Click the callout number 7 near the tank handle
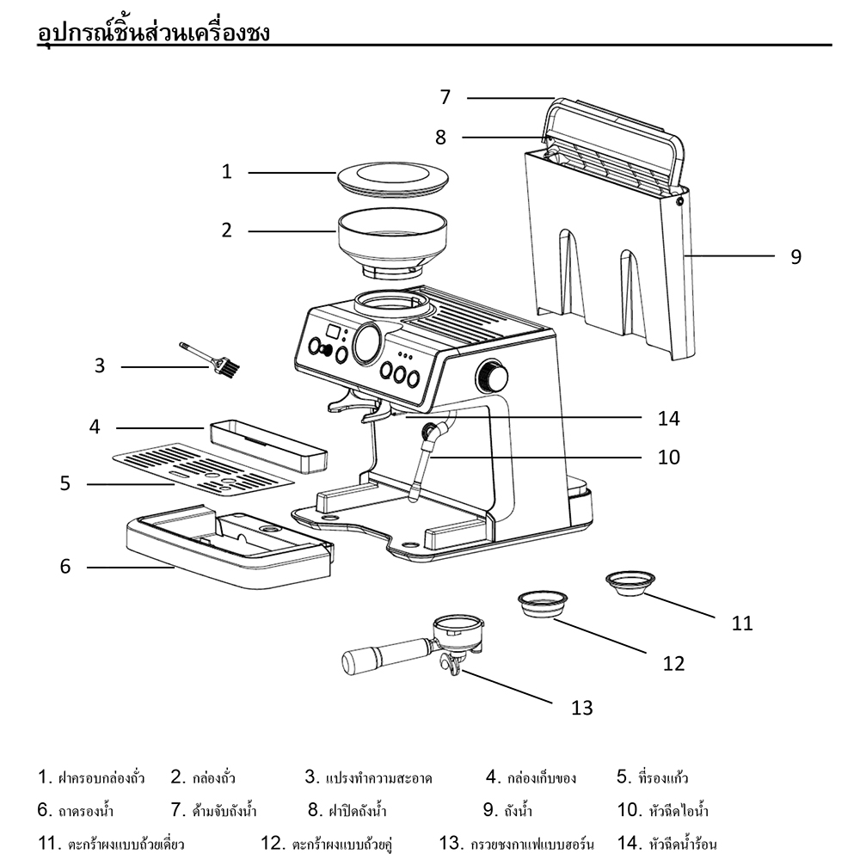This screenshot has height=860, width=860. click(445, 97)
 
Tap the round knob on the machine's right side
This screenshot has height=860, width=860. click(494, 375)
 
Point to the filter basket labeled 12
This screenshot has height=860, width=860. click(543, 602)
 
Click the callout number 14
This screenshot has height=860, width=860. click(667, 419)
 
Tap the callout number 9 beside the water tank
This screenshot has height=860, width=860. click(795, 256)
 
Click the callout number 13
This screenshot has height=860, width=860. click(582, 708)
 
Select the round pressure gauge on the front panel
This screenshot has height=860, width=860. click(368, 343)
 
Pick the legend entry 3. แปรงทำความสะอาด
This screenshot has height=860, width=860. click(368, 778)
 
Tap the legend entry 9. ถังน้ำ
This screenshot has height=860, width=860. click(507, 810)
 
